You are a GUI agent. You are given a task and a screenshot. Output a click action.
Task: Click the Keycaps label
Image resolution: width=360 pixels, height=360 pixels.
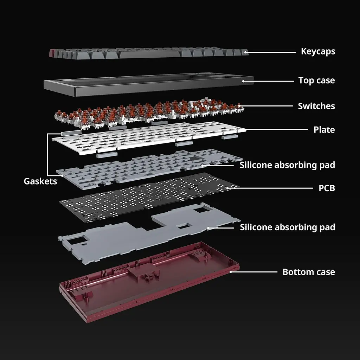pos(318,52)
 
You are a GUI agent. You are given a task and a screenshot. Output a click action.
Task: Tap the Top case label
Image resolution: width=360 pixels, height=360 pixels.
pos(316,81)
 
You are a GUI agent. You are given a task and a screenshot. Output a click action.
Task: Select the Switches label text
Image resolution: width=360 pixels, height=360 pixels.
pos(316,106)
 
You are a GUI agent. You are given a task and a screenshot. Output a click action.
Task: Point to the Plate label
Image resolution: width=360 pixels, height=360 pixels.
pos(324,130)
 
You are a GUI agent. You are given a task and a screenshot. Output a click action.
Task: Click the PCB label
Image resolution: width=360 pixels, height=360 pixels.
pos(327,188)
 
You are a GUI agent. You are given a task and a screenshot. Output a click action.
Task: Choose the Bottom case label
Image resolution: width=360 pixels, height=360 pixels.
pos(309,272)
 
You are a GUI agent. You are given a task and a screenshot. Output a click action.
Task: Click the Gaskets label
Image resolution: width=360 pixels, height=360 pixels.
pos(40,181)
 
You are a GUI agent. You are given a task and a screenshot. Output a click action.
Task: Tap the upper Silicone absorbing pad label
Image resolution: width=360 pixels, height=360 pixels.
pos(287,165)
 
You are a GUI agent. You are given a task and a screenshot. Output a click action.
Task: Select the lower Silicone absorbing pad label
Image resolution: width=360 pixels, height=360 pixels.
pos(288,227)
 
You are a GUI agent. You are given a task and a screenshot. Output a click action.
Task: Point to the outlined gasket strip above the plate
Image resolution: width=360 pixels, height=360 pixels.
pos(71,133)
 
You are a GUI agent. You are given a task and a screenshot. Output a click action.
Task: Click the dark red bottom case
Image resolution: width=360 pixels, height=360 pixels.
pos(149,282)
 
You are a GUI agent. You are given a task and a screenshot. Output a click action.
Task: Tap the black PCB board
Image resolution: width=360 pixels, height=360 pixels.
pos(149,198)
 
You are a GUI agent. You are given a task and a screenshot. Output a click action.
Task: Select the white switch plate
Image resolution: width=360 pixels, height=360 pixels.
pos(149,137)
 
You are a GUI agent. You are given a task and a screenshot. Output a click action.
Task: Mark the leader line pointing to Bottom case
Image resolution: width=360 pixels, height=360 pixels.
pos(254,272)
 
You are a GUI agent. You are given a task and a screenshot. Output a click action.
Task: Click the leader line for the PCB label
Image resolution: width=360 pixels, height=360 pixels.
pos(270,188)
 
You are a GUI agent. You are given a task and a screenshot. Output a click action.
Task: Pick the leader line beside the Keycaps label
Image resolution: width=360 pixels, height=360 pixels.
pos(270,52)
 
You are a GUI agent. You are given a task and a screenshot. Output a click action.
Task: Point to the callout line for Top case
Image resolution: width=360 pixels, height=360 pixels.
pos(268,81)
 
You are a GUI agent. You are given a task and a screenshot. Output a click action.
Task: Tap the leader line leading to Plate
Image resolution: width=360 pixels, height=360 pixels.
pos(277,130)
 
